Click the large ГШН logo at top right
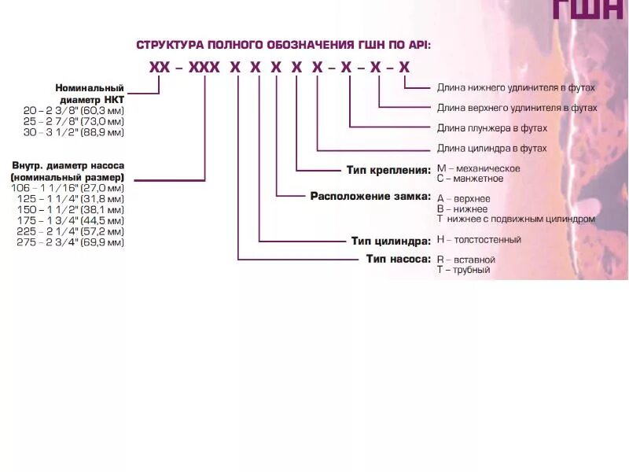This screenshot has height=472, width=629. pos(590,9)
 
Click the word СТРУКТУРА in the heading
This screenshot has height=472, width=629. pos(167,45)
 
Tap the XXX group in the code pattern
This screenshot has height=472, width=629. pos(204,68)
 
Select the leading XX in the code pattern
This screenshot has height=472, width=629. pos(160,68)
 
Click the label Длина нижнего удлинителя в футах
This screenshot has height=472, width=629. pos(516,87)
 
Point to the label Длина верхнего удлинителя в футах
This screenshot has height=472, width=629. pos(517,108)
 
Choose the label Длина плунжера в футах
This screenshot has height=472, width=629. pos(492,127)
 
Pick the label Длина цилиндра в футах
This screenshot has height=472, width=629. pos(491,148)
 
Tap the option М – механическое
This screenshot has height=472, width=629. pos(479,168)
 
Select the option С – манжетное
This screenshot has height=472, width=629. pos(470,179)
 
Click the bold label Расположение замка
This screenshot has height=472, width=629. pos(370,196)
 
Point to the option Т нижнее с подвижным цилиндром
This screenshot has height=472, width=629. pos(516,219)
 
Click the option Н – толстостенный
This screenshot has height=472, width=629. pos(479,240)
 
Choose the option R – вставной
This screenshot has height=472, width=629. pos(465,260)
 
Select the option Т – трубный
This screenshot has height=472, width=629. pos(463,270)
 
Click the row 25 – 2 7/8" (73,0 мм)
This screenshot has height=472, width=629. pos(74,122)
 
